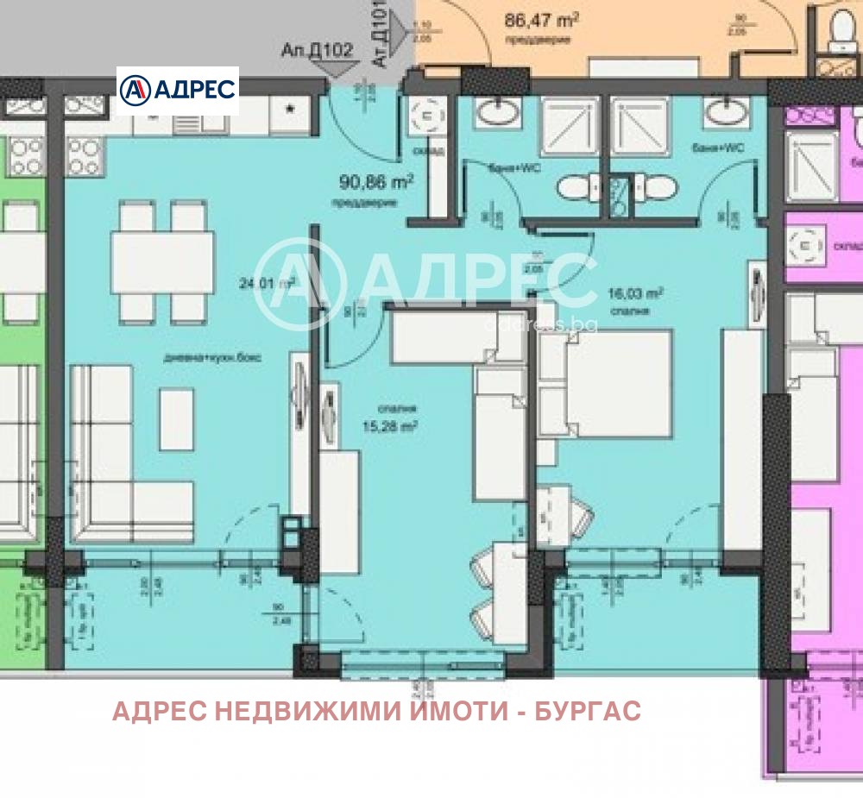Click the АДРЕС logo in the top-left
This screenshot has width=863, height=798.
pos(177,90)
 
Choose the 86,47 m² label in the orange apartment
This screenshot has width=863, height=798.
pos(541,19)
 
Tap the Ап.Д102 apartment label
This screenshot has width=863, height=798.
pos(317,50)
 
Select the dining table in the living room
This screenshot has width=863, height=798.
pos(163,261)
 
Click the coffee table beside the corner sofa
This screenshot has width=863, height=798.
pos(177,418)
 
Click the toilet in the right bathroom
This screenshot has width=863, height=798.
pos(658,187)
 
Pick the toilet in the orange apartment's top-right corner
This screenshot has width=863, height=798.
pos(838,30)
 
